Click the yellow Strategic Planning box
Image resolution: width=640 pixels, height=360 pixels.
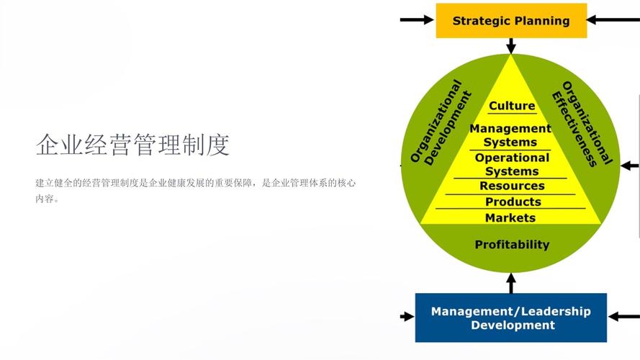tap(511, 21)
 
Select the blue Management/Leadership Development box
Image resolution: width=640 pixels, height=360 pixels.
tap(510, 318)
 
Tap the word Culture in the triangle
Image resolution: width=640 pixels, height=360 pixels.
tap(512, 106)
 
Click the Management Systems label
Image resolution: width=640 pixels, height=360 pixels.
tap(510, 135)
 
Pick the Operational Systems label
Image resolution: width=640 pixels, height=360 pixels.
tap(512, 164)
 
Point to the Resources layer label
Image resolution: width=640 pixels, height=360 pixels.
tap(512, 186)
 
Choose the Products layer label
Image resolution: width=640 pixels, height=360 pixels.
tap(513, 202)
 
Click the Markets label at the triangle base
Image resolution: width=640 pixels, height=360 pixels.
tap(510, 217)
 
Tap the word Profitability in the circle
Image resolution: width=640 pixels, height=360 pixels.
tap(512, 245)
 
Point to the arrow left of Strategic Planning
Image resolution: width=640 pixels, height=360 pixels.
tap(417, 19)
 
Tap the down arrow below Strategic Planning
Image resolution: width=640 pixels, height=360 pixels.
tap(511, 46)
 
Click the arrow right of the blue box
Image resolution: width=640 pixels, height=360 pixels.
tap(623, 316)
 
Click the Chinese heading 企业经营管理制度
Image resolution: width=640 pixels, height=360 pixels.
tap(132, 145)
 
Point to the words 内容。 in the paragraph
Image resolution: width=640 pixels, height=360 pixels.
tap(48, 199)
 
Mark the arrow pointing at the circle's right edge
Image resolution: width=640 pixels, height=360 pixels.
tap(629, 166)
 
